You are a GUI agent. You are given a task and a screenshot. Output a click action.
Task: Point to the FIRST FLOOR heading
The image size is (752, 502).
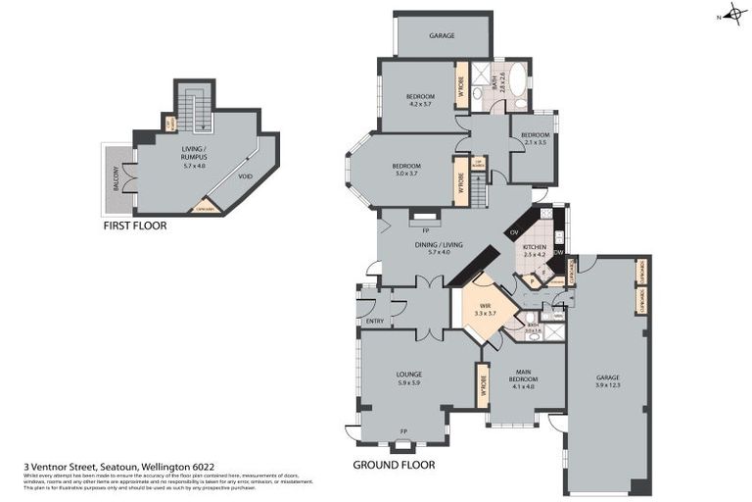click(x=134, y=226)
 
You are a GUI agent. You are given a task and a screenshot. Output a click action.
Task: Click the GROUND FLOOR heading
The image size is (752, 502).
click(x=393, y=465)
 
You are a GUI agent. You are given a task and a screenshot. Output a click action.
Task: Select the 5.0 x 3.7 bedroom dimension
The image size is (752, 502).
click(x=405, y=174)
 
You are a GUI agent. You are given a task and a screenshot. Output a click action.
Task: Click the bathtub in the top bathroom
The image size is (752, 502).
click(x=517, y=85)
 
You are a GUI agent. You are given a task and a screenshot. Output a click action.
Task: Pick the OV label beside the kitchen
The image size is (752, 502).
click(x=514, y=232)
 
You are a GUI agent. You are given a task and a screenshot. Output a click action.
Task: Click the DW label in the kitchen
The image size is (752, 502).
click(x=558, y=252)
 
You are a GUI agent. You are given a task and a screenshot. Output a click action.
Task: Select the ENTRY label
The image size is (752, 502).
click(x=374, y=321)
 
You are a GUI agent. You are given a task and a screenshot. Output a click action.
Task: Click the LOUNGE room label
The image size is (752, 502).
click(x=408, y=375)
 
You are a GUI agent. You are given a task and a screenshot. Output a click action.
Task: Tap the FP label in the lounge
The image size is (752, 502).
click(x=404, y=430)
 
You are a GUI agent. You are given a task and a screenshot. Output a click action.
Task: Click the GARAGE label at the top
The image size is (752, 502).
click(x=443, y=35)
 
